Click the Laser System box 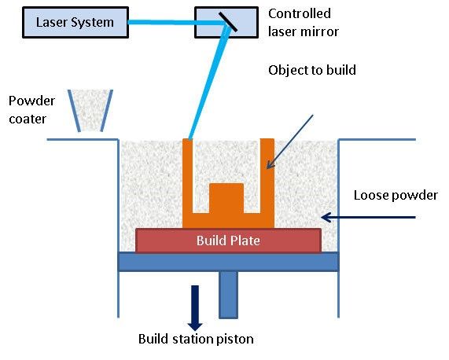74,21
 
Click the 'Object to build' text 312,70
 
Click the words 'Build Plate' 229,241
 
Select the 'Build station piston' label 196,340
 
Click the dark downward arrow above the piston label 194,307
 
